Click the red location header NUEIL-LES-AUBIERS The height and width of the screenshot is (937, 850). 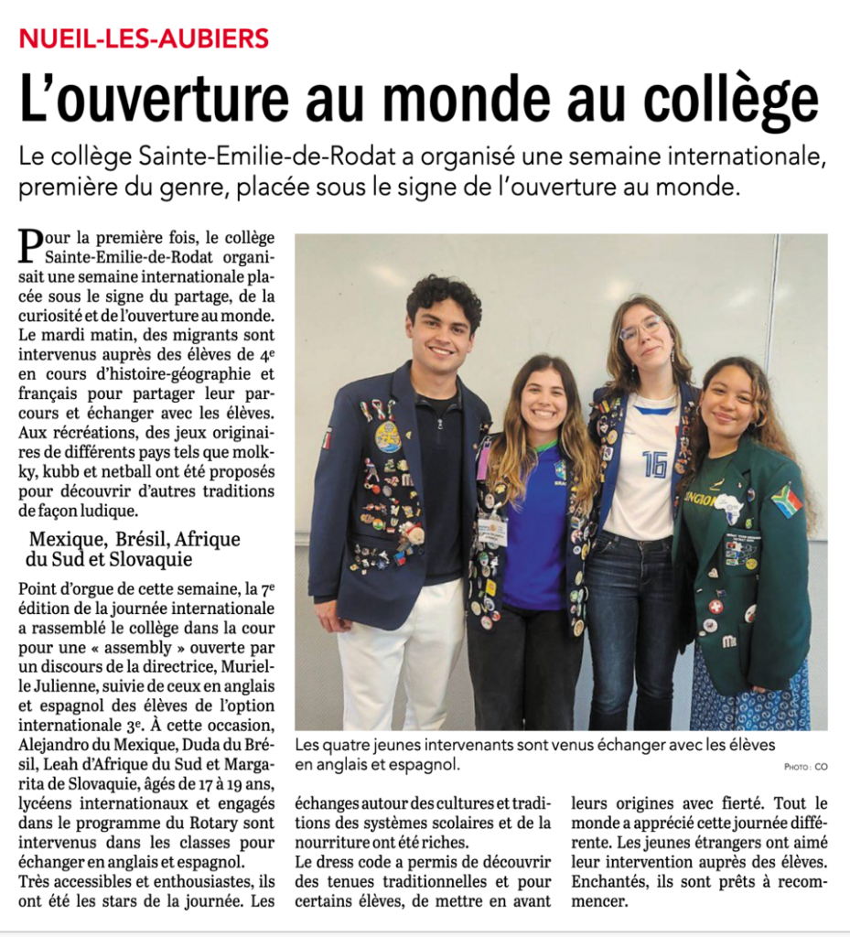click(145, 38)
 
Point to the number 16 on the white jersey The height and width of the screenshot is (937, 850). click(654, 464)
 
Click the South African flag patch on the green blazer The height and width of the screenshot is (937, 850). click(785, 501)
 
